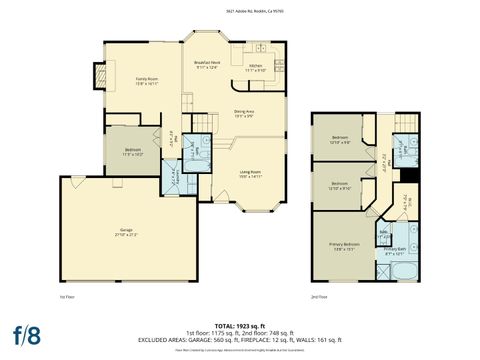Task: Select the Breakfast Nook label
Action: click(207, 65)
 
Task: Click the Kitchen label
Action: click(255, 68)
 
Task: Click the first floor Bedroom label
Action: click(133, 152)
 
